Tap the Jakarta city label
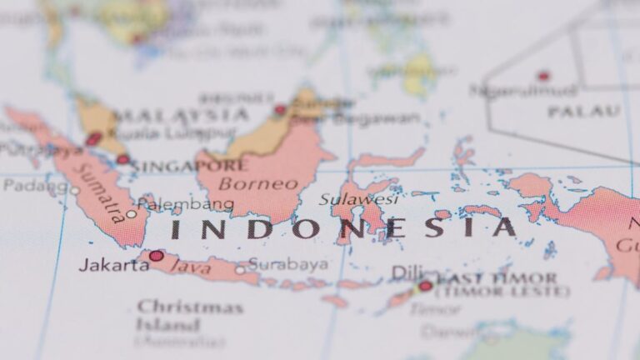113,265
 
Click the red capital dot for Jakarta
156,256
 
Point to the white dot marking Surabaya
240,269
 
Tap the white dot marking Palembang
131,214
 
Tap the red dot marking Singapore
123,159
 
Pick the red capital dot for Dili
425,286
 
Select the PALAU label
583,111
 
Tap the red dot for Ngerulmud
543,76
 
